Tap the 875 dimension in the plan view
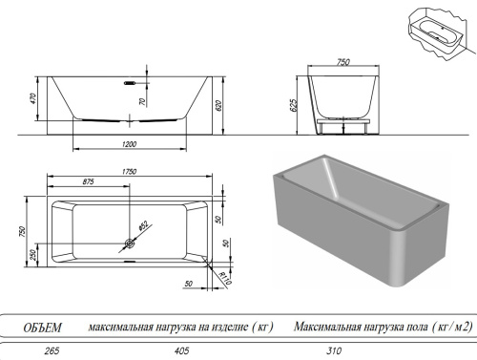[88, 182]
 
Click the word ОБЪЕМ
[43, 328]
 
